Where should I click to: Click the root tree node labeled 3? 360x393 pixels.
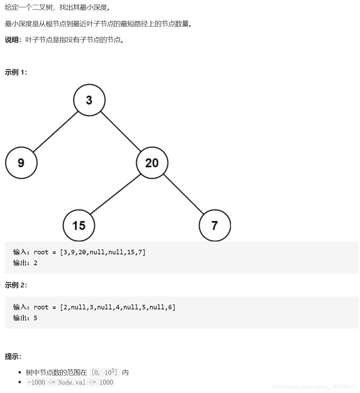click(x=89, y=100)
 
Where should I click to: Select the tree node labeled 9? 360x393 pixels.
click(x=21, y=163)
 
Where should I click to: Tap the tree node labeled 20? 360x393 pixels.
click(x=152, y=163)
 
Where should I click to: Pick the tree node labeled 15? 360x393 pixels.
click(x=79, y=225)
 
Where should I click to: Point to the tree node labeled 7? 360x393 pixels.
click(x=215, y=225)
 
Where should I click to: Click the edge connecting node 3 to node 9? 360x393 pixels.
click(x=55, y=132)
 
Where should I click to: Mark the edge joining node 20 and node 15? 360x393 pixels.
click(x=115, y=194)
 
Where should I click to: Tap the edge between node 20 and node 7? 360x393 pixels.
click(x=183, y=194)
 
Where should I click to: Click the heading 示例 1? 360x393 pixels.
click(x=16, y=72)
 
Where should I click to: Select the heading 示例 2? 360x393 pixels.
click(x=16, y=285)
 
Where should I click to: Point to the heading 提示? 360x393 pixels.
click(x=13, y=356)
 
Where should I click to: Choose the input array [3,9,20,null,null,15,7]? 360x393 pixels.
click(x=103, y=252)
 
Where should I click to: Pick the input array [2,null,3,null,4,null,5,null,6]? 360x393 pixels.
click(x=118, y=307)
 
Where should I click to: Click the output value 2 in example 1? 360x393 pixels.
click(x=36, y=263)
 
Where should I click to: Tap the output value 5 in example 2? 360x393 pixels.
click(x=36, y=318)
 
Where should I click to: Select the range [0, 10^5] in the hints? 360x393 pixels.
click(x=104, y=372)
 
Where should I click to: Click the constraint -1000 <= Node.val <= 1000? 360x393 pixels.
click(x=70, y=382)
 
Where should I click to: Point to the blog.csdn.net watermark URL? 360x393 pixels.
click(x=314, y=387)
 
